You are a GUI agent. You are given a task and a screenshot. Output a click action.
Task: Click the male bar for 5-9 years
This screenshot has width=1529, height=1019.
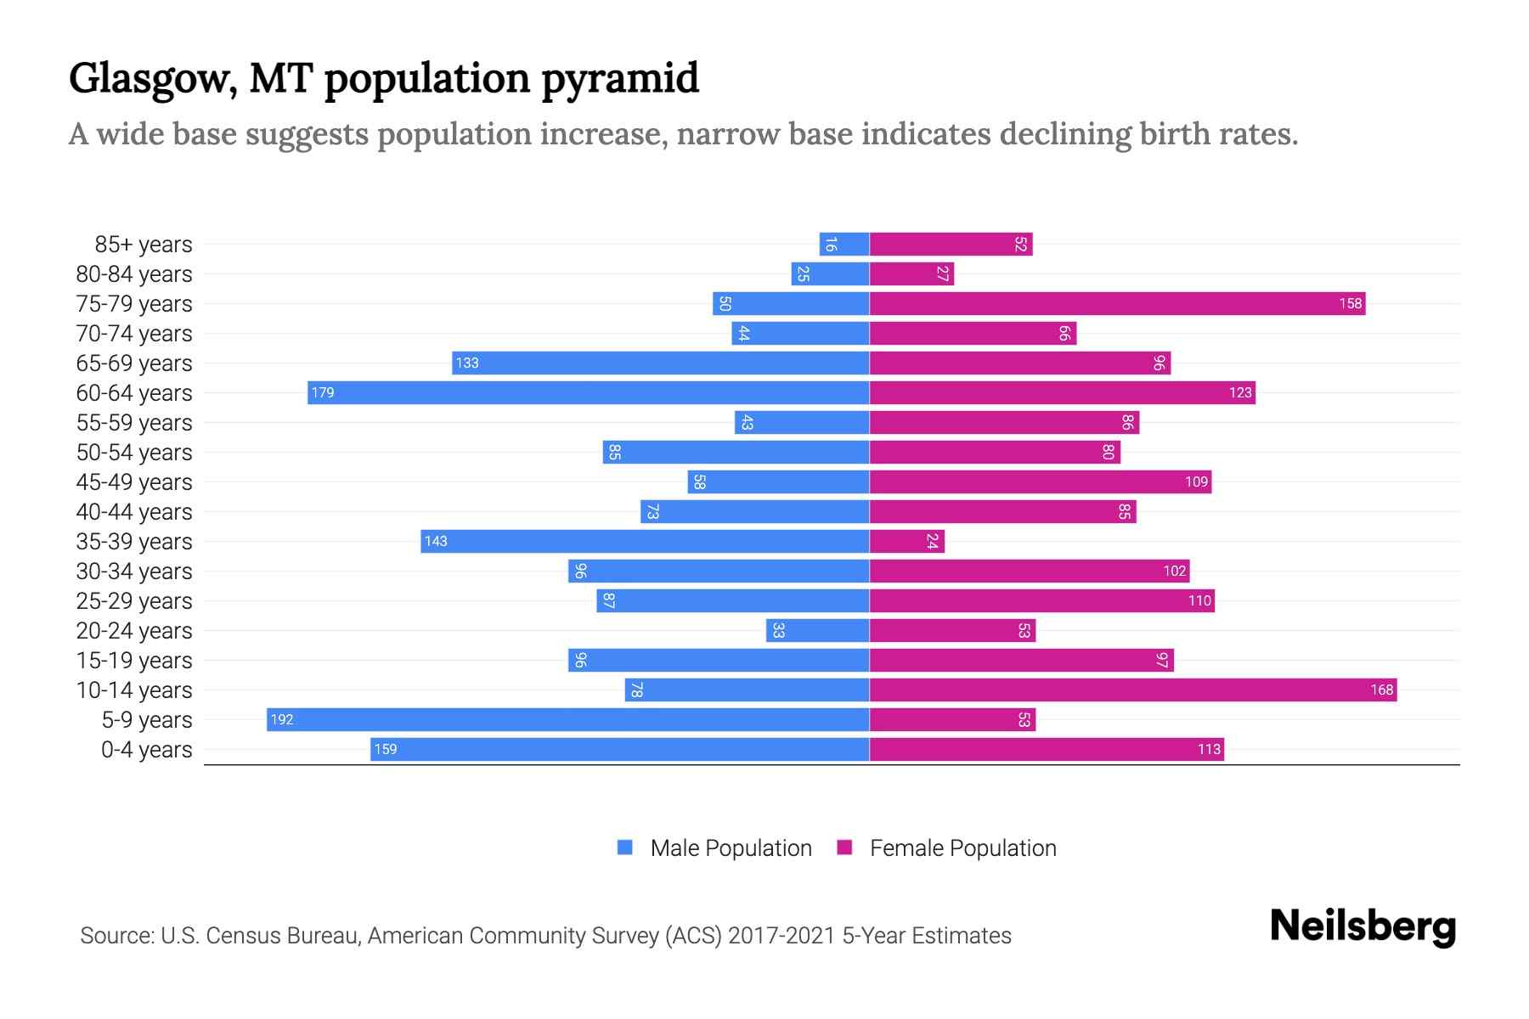point(567,720)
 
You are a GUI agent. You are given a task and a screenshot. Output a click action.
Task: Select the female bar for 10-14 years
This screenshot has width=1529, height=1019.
point(1132,690)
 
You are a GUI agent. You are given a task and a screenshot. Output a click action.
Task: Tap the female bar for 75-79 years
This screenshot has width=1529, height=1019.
point(1117,304)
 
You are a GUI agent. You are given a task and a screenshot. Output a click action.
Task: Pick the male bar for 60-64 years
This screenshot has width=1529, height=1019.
point(588,393)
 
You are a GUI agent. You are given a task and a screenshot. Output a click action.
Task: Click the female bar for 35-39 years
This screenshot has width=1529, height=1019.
point(906,542)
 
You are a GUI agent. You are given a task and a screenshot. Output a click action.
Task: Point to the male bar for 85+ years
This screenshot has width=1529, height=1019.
point(843,245)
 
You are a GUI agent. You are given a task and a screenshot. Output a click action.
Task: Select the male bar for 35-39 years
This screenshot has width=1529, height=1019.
point(645,542)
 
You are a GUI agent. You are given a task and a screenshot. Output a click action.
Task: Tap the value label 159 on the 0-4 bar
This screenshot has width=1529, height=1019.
point(386,750)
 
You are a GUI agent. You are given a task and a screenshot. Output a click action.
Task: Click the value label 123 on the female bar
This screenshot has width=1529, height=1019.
point(1240,393)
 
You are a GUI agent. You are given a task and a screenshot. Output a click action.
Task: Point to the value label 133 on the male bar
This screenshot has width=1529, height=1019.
point(467,363)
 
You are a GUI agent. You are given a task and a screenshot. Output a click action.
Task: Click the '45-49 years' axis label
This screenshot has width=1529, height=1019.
point(134,482)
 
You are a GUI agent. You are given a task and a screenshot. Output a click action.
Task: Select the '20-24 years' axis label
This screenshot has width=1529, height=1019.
point(134,631)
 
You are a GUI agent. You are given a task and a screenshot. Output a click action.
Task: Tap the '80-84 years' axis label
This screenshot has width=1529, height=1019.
point(134,274)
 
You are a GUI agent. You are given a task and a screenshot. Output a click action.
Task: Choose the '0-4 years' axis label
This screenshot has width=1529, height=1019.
point(146,750)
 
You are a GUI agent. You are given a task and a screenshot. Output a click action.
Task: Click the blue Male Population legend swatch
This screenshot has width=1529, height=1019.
point(625,847)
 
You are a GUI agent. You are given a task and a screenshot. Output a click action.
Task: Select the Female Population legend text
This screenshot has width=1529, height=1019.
point(962,848)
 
